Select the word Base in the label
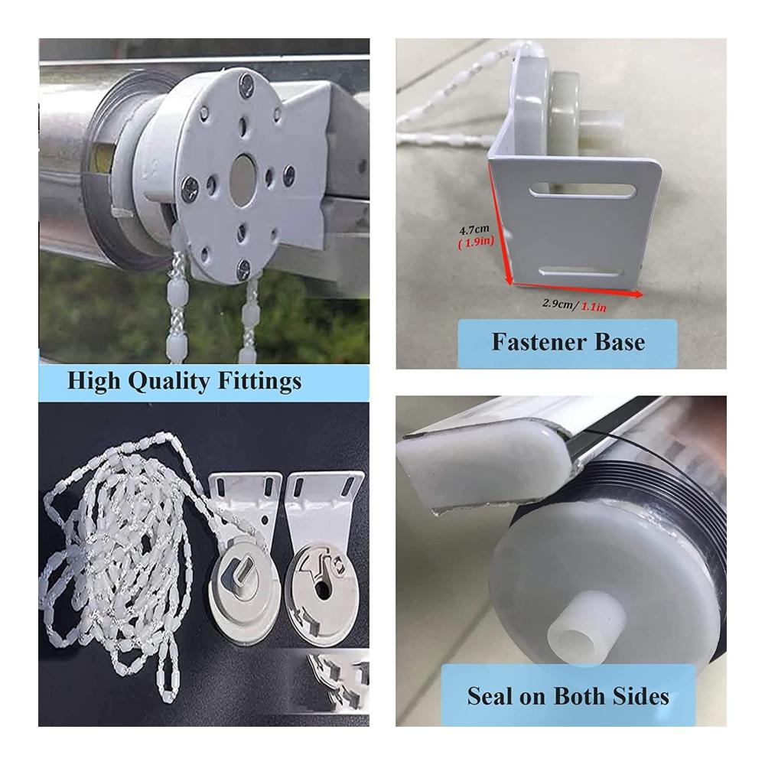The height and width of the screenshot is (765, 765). click(x=621, y=341)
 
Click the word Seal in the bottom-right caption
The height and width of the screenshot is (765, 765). click(x=490, y=695)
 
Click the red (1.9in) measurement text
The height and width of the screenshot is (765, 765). click(x=476, y=241)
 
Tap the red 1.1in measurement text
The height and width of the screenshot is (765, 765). click(x=594, y=308)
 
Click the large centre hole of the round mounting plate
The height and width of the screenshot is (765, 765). click(x=242, y=180)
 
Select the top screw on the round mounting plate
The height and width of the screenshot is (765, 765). click(x=247, y=84)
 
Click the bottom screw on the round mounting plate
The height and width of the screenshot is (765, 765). click(x=243, y=269)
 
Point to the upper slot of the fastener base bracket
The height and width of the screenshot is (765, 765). click(x=582, y=190)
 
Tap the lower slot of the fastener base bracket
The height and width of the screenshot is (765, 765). click(x=581, y=272)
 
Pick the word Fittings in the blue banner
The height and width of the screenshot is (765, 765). click(x=259, y=382)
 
